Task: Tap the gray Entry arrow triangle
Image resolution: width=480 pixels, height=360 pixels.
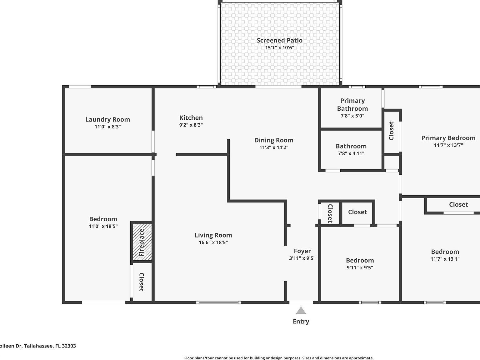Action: (301, 310)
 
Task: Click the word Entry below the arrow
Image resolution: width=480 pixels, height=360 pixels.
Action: (301, 321)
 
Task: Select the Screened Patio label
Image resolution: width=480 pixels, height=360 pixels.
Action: (279, 40)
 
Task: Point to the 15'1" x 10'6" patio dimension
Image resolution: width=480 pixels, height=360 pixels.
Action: (279, 48)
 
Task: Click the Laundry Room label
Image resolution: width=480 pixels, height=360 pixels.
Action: (107, 119)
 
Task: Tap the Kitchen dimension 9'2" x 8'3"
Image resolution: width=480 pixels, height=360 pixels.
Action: (191, 125)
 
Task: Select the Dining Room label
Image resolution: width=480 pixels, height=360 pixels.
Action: (274, 140)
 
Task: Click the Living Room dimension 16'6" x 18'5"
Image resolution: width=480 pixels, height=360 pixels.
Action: (213, 242)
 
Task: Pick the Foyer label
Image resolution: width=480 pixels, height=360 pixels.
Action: (302, 251)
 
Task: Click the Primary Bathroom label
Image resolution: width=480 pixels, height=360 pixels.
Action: (352, 104)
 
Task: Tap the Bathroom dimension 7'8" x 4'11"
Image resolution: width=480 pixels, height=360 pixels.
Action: (351, 153)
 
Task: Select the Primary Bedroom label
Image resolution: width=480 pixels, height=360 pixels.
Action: (448, 138)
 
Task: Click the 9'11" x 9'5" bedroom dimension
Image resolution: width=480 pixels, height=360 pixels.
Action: (360, 267)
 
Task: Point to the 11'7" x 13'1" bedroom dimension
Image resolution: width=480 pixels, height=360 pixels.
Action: (445, 259)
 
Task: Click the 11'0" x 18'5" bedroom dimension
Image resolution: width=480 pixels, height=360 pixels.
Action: (103, 226)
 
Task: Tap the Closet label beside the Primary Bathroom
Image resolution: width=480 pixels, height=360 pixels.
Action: (391, 131)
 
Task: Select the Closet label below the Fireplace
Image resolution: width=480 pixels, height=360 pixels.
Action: (141, 282)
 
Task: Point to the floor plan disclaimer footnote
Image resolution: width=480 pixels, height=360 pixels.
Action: (279, 358)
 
